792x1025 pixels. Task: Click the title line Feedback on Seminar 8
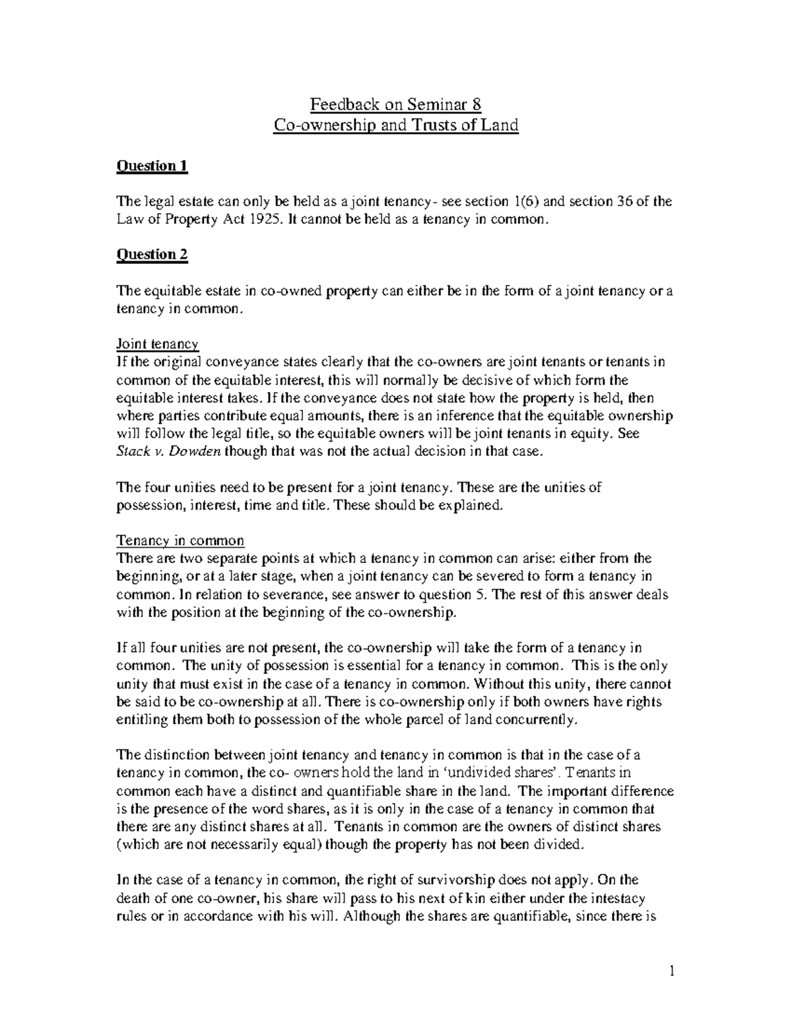tap(396, 104)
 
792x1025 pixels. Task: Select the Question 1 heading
tap(152, 166)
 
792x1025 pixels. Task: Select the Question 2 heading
tap(152, 255)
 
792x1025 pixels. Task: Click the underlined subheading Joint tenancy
tap(157, 344)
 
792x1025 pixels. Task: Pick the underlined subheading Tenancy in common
tap(180, 541)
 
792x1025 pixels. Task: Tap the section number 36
tap(624, 201)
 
